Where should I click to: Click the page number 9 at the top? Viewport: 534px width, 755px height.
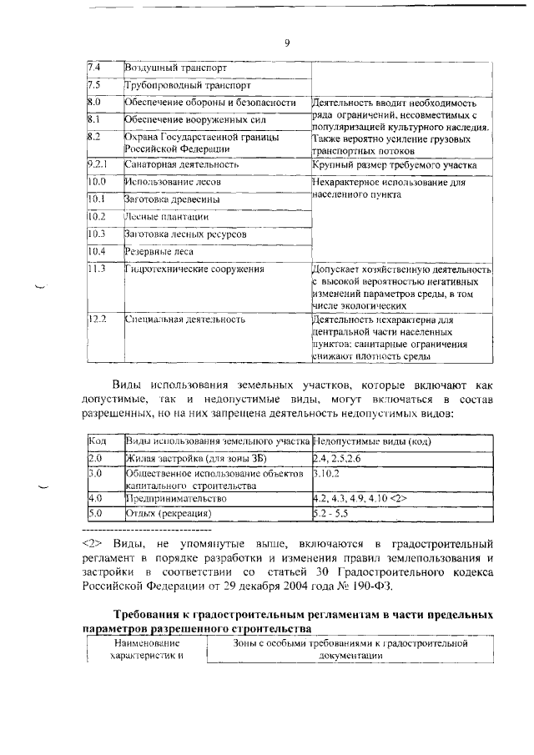[x=286, y=45]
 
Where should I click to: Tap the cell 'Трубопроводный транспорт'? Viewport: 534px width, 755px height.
[x=187, y=85]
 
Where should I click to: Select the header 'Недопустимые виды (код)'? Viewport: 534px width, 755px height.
[x=371, y=440]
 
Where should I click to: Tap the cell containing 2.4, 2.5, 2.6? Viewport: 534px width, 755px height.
[x=336, y=458]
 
